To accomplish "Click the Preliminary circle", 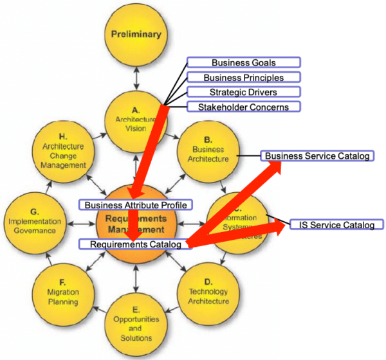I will coord(135,35).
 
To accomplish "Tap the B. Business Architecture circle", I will coord(208,149).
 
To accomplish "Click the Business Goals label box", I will coord(244,62).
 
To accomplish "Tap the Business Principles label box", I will coord(244,77).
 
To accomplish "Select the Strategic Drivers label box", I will coord(244,92).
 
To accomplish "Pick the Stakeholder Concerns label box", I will coord(244,107).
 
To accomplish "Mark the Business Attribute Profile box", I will coord(136,205).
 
